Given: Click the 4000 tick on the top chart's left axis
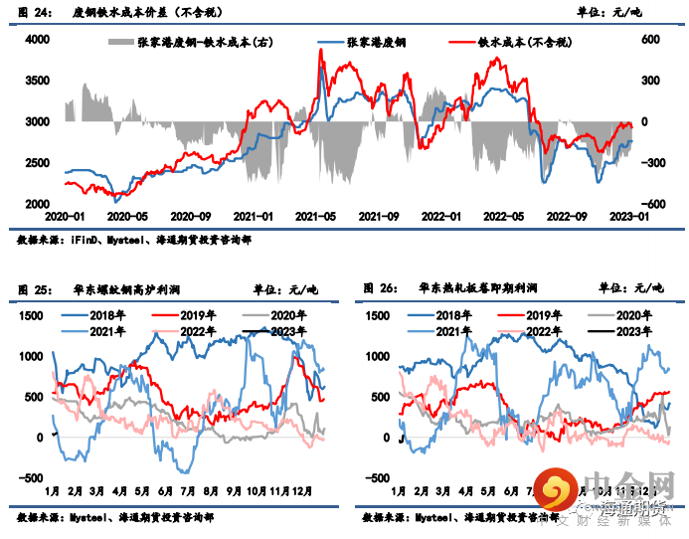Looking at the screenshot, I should tap(37, 39).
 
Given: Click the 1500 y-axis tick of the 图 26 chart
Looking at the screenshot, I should tap(380, 315).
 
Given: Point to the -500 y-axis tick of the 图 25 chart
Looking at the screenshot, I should tap(33, 477).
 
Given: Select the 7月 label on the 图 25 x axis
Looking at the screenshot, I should tap(188, 491).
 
